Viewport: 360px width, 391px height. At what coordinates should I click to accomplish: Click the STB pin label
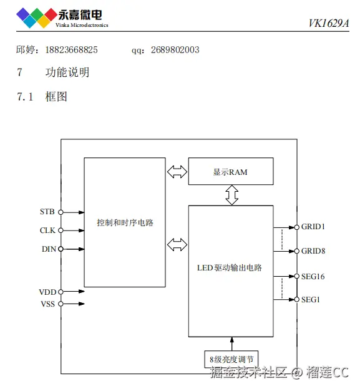tap(47, 212)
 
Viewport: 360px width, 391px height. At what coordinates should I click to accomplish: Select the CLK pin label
tap(47, 230)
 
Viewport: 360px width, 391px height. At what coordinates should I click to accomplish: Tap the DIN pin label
tap(48, 249)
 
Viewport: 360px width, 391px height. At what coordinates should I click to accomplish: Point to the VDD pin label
tap(47, 292)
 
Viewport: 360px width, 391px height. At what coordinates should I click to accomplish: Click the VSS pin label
tap(47, 304)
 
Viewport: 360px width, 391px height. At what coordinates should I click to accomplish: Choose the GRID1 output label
tap(313, 227)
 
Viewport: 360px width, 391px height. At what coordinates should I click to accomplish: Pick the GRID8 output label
tap(313, 251)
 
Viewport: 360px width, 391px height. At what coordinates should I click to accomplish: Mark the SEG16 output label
tap(313, 276)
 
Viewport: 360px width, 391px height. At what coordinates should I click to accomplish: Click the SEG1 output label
tap(311, 300)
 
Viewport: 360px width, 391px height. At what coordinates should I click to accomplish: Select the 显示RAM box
tap(231, 172)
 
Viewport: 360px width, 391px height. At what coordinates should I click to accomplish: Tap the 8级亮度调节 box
tap(231, 359)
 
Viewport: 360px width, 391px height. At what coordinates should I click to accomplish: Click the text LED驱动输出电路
tap(230, 268)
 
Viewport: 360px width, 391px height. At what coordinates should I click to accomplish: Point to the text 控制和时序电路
tap(125, 222)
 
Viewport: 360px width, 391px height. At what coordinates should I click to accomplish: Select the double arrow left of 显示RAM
tap(177, 171)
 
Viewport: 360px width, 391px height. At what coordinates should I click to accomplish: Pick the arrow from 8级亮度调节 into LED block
tap(231, 344)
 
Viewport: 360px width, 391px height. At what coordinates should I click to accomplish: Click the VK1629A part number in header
tap(329, 24)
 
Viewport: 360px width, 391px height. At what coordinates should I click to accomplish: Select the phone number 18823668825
tap(71, 49)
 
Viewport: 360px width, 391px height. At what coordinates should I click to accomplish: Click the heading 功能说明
tap(67, 72)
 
